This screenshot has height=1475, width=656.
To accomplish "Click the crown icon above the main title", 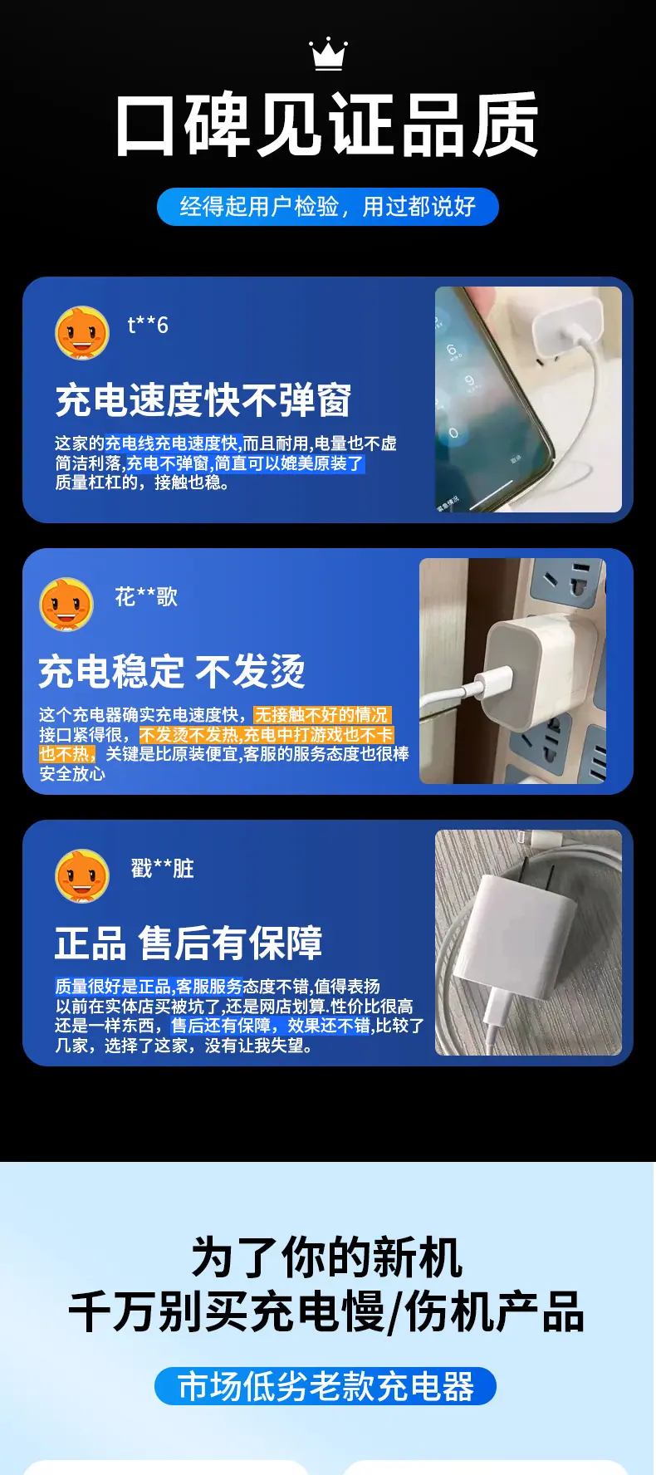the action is (328, 54).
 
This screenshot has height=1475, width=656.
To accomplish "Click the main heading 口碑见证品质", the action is (328, 125).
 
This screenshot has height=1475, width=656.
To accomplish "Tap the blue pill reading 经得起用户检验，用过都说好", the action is (328, 207).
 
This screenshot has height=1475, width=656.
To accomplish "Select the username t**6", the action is (148, 325).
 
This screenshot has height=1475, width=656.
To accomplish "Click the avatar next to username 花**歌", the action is (66, 605).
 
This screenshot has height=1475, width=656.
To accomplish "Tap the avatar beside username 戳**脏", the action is (82, 875).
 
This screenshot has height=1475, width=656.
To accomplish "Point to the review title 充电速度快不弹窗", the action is (203, 400).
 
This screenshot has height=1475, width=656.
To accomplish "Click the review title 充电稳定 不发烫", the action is (172, 671).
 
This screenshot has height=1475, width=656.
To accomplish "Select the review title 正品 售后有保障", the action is (188, 943).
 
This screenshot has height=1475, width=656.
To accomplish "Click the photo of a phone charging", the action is (528, 399).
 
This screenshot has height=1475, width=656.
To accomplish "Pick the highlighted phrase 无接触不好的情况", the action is (321, 715).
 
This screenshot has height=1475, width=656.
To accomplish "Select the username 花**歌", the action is (146, 597).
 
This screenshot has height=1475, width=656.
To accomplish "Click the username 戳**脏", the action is (162, 869).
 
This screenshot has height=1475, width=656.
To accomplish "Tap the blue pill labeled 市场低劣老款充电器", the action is (326, 1386).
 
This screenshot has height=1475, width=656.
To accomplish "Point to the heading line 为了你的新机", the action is (327, 1257).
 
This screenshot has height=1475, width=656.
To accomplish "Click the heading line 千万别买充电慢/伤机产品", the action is (327, 1312).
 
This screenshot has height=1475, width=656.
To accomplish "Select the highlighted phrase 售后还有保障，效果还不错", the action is (271, 1026).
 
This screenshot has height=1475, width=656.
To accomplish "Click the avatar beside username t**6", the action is (82, 333).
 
